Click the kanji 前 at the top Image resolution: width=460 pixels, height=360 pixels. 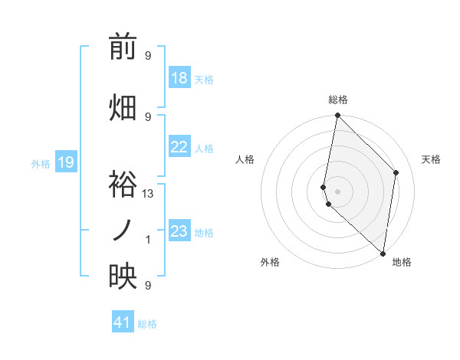(x=123, y=47)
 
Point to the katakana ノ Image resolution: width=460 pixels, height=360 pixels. (x=123, y=230)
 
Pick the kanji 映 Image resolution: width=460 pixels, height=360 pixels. (x=123, y=277)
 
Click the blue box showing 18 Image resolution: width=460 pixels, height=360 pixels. (x=179, y=78)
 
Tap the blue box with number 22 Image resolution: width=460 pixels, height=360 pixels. (x=179, y=147)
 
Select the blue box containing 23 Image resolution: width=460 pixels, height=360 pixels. (x=179, y=231)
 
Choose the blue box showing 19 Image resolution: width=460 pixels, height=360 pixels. (x=66, y=162)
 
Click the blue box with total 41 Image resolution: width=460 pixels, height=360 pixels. (x=123, y=322)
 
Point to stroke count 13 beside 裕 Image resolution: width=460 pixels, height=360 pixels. (x=148, y=194)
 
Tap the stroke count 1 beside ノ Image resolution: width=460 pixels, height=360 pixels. (x=148, y=240)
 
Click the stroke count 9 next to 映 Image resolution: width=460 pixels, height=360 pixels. (x=148, y=286)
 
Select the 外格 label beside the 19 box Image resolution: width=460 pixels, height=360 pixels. (x=41, y=163)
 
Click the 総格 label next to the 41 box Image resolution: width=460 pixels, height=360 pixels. (x=147, y=324)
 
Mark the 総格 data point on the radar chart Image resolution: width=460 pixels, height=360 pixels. (x=337, y=116)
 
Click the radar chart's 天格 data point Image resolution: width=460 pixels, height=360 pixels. (x=396, y=172)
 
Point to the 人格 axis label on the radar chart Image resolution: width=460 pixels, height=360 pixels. (x=245, y=159)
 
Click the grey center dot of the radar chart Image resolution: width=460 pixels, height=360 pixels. (x=337, y=191)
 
